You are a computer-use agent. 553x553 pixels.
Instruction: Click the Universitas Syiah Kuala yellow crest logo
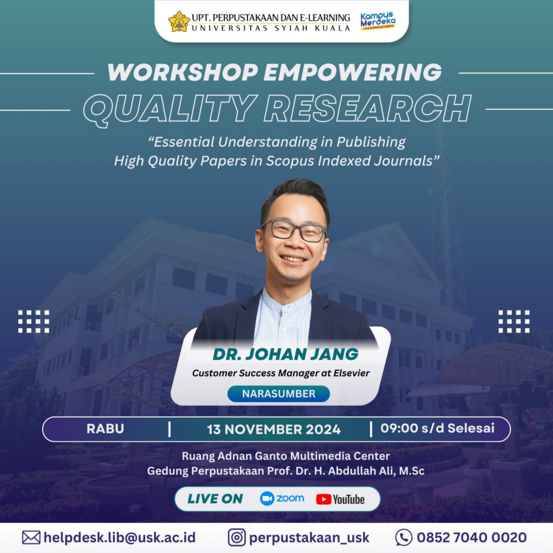[x=179, y=22]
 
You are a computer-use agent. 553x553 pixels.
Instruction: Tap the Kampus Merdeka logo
[x=377, y=21]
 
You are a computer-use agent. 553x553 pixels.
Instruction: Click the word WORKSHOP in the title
[x=183, y=72]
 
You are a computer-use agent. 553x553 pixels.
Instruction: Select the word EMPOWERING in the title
[x=353, y=72]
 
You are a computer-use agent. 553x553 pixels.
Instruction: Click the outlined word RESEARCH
[x=367, y=108]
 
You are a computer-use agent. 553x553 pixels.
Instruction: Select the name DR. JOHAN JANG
[x=285, y=354]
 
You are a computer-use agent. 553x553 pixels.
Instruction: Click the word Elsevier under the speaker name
[x=352, y=373]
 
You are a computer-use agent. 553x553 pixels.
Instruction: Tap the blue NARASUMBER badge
[x=279, y=394]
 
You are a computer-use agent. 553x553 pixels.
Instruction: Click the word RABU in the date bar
[x=105, y=429]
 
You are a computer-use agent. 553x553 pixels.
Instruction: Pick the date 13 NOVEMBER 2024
[x=274, y=429]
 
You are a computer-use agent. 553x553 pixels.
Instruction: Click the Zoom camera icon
[x=267, y=498]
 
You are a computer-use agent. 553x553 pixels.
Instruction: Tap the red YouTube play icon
[x=323, y=499]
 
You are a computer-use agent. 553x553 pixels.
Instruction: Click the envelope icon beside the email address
[x=31, y=537]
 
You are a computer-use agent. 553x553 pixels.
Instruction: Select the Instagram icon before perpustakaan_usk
[x=237, y=537]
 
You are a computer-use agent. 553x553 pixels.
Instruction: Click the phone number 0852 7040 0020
[x=471, y=537]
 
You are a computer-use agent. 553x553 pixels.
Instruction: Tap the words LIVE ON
[x=215, y=498]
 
